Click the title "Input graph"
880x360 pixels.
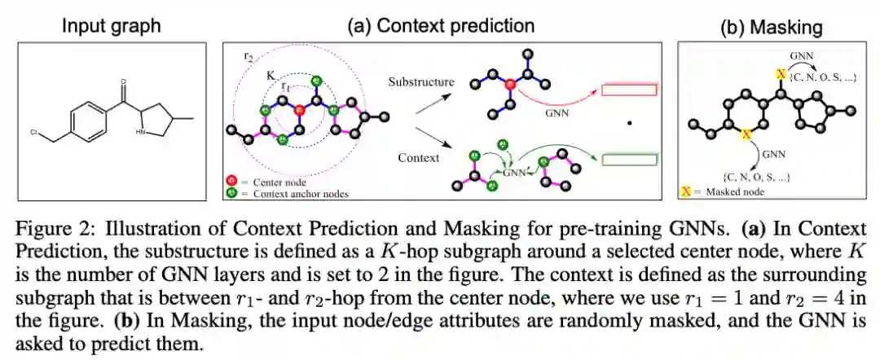(x=112, y=25)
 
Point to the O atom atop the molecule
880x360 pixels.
(x=123, y=81)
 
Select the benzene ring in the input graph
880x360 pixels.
(x=85, y=121)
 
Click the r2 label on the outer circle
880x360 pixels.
(x=249, y=58)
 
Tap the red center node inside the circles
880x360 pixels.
(x=299, y=109)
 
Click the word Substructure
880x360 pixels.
(x=420, y=82)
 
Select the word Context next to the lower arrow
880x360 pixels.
(x=420, y=157)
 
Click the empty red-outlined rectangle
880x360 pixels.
(x=629, y=90)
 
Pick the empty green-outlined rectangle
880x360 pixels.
(x=629, y=160)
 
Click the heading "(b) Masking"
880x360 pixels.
(x=771, y=28)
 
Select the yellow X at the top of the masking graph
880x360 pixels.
(x=780, y=74)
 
